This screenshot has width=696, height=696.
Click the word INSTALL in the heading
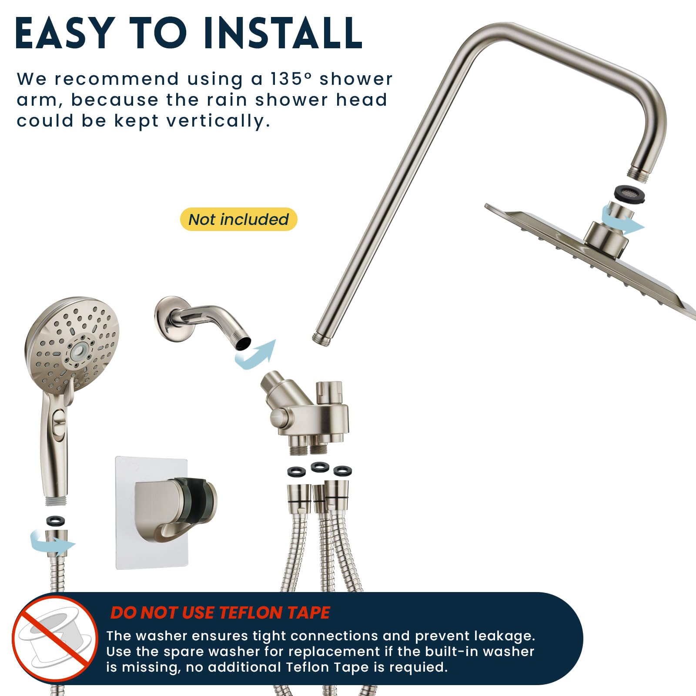pyautogui.click(x=282, y=33)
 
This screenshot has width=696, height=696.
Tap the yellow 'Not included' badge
pyautogui.click(x=238, y=219)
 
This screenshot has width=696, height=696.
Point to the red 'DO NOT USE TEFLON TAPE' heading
pyautogui.click(x=220, y=612)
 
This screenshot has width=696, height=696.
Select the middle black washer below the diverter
pyautogui.click(x=320, y=467)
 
